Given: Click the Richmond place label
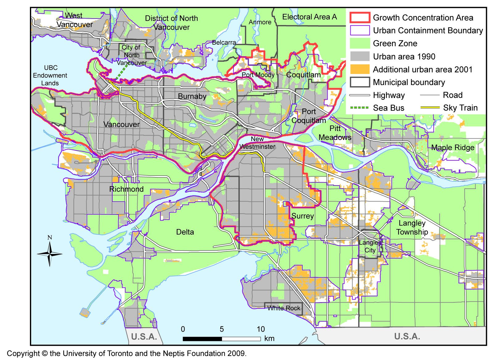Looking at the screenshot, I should tap(126, 189).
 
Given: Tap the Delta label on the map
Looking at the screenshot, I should tap(185, 232).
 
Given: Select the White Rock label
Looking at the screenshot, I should tap(284, 308).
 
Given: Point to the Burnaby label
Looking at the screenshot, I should tap(192, 96).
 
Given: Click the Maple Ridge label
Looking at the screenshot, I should tap(452, 148).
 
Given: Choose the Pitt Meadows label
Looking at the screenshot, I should tap(335, 133).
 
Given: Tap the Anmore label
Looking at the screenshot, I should tap(260, 22).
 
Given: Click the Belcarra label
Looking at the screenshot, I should tap(224, 43).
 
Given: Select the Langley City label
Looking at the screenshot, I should tap(370, 246).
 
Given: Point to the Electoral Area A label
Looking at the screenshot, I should tap(309, 17).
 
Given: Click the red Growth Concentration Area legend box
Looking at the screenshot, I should tap(360, 18).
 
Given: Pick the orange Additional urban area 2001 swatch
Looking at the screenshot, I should tap(360, 69).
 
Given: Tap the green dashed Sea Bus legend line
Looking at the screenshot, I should tap(360, 108).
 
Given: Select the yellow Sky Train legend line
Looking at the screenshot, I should tap(430, 108).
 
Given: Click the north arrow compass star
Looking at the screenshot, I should tap(50, 254).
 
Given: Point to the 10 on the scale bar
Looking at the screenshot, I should tap(261, 329).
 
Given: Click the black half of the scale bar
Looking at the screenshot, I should tap(202, 339).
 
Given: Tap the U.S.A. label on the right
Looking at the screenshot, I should tap(407, 336).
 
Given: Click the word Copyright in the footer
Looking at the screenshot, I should tap(23, 354).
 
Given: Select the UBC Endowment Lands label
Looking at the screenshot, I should tap(50, 75).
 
